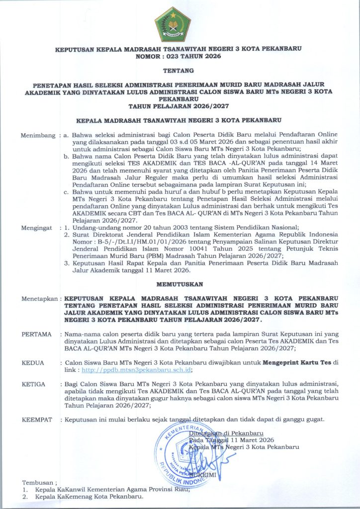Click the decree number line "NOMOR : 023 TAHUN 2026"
[180, 57]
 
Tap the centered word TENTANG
[180, 72]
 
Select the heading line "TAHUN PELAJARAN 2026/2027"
[180, 106]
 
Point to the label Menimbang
[38, 135]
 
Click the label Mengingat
[38, 228]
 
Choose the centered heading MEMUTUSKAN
[180, 284]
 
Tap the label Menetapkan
[39, 299]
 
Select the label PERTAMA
[37, 334]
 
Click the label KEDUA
[33, 363]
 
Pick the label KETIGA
[34, 384]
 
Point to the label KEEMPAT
[37, 420]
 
